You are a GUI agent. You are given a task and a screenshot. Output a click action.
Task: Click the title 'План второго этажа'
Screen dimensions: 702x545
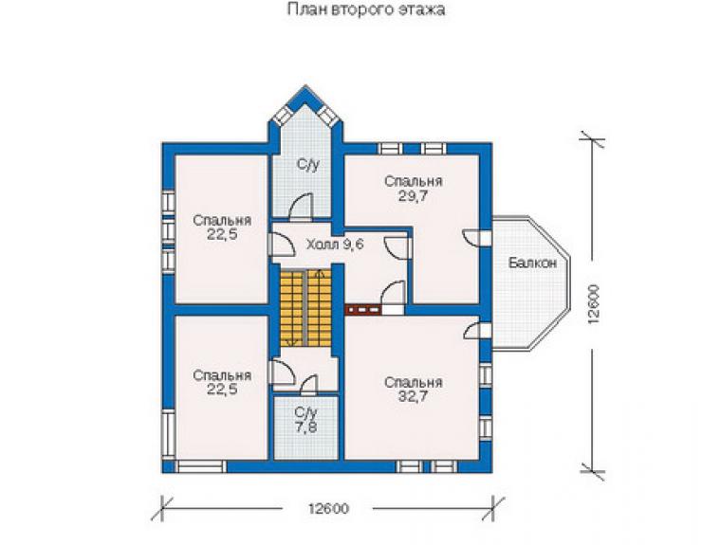click(x=366, y=9)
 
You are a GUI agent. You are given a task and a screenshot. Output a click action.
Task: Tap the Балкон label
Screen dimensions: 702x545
click(x=532, y=263)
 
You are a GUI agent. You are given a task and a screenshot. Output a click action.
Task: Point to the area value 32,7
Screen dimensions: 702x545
click(x=414, y=396)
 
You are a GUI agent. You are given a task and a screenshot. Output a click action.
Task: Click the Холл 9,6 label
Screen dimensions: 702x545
click(x=335, y=245)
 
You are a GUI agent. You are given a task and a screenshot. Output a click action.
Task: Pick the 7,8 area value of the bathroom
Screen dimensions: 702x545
click(x=306, y=427)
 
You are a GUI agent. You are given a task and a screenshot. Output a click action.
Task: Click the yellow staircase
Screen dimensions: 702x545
click(x=306, y=308)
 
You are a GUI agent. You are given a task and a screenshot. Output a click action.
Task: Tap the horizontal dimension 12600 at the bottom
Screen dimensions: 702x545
click(x=328, y=509)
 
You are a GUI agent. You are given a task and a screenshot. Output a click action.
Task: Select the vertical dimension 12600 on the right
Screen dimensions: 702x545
click(x=594, y=304)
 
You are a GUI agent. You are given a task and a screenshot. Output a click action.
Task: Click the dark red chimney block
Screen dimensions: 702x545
click(x=362, y=309)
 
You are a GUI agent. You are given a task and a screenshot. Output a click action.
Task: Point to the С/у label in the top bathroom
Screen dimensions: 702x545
click(x=308, y=165)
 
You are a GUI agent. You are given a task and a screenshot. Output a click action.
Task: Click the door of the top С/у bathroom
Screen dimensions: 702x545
click(x=301, y=208)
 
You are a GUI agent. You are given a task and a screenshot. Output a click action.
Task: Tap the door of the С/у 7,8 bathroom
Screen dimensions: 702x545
click(x=309, y=385)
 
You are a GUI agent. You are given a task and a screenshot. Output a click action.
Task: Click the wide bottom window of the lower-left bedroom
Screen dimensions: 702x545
click(x=200, y=466)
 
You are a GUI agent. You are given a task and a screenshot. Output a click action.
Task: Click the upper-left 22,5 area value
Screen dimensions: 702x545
click(x=222, y=234)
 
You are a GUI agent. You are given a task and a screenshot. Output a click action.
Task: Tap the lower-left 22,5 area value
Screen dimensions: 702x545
click(x=222, y=390)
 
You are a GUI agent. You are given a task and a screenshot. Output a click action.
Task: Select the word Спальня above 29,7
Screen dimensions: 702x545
click(x=414, y=181)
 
